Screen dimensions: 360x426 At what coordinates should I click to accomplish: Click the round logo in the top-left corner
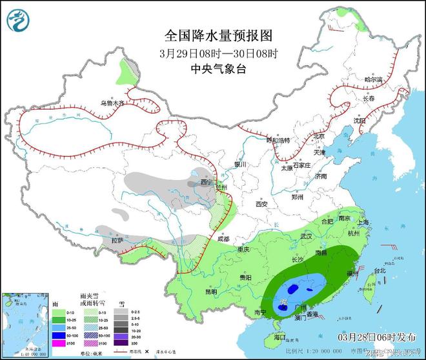tap(18, 21)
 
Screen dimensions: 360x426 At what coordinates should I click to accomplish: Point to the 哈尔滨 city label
tap(373, 80)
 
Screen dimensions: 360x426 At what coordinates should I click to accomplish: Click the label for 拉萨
tap(117, 241)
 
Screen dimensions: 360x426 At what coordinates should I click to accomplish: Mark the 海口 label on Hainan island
tap(279, 337)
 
